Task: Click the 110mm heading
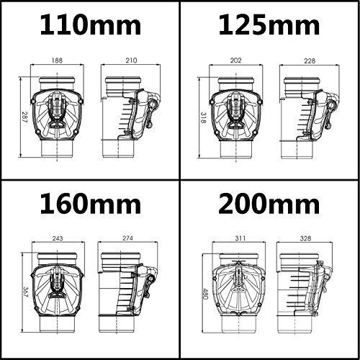(x=90, y=25)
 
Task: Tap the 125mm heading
(x=269, y=25)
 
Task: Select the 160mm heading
(x=90, y=203)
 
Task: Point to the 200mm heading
(x=269, y=203)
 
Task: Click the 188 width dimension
(x=57, y=60)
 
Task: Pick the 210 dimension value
(x=131, y=60)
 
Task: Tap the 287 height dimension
(x=24, y=117)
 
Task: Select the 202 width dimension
(x=235, y=60)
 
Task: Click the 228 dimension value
(x=310, y=61)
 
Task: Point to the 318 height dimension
(x=203, y=117)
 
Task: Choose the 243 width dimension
(x=58, y=238)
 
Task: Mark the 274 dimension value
(x=127, y=238)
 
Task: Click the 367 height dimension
(x=26, y=292)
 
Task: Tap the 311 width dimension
(x=240, y=238)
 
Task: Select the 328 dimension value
(x=305, y=238)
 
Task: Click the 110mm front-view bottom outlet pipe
(x=57, y=149)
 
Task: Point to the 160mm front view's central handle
(x=58, y=286)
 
